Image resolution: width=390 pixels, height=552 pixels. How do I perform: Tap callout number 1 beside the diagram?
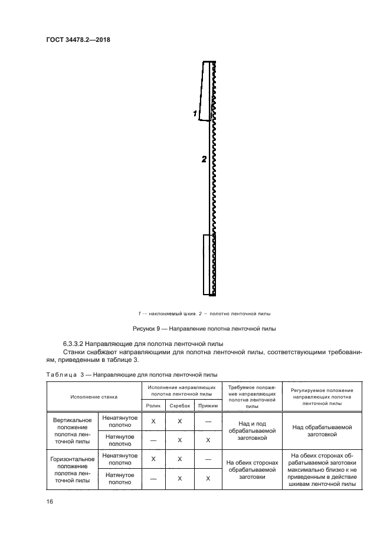pos(195,113)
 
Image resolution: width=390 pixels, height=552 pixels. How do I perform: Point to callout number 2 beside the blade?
pos(204,159)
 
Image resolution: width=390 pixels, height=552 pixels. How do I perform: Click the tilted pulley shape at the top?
pos(206,92)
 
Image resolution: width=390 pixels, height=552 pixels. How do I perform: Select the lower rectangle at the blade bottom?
pos(209,264)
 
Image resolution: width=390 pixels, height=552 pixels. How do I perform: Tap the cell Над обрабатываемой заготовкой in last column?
pos(322,430)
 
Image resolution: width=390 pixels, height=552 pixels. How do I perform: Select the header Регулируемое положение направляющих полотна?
pos(322,397)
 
